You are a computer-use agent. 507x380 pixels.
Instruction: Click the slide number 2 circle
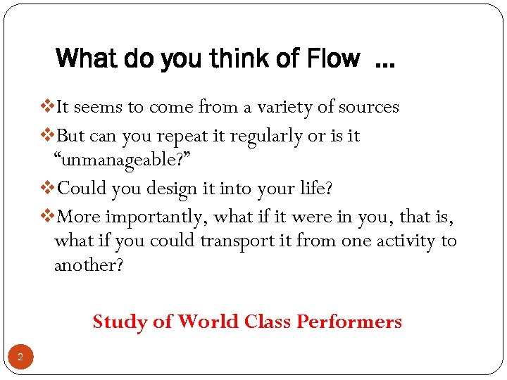coord(20,357)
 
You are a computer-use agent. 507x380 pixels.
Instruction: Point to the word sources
coord(368,107)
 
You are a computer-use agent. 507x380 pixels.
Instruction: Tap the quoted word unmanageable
coord(120,160)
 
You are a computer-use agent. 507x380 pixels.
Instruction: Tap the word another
coord(89,265)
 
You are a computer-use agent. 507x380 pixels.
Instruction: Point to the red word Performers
coord(349,322)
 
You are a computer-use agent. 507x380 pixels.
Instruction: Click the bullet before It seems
coord(48,107)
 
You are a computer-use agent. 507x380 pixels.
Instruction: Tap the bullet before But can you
coord(48,135)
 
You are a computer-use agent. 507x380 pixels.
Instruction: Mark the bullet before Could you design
coord(48,188)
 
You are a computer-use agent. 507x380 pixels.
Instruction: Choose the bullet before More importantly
coord(48,216)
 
